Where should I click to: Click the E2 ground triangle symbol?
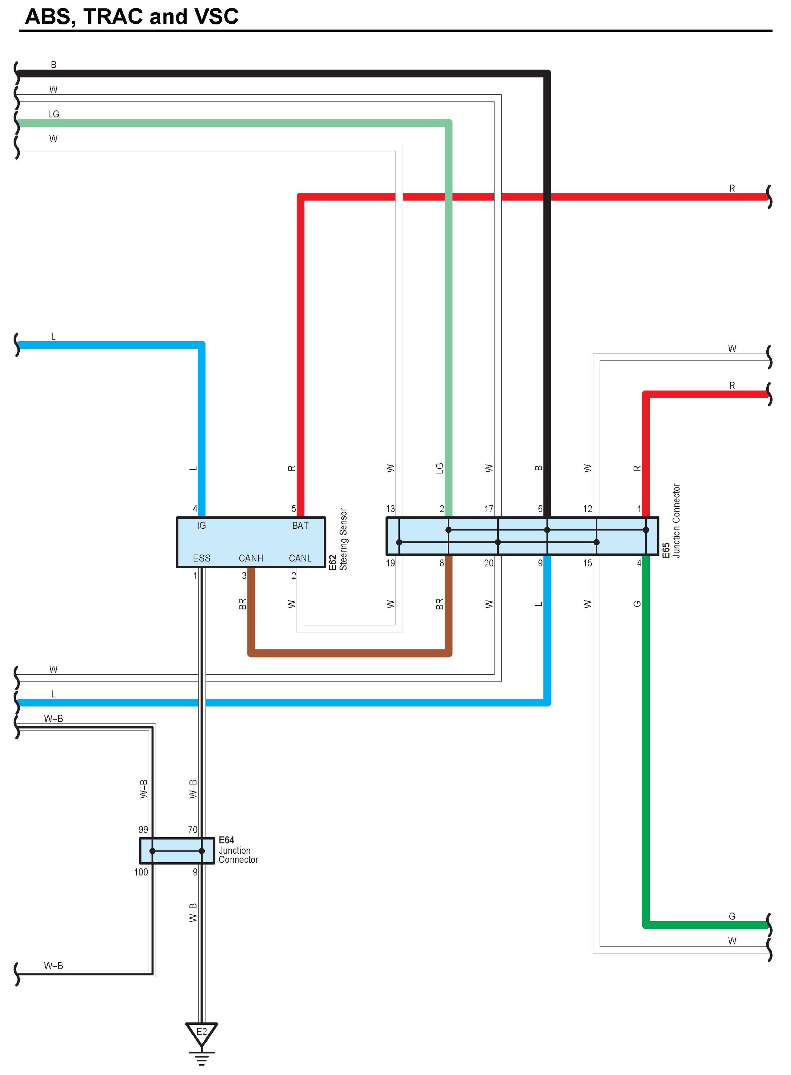(202, 1032)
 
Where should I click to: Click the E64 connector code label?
(227, 840)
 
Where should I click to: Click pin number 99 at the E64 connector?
(143, 829)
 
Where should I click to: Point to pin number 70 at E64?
(193, 829)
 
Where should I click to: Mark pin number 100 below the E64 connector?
(141, 872)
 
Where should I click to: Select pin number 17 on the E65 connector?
(488, 509)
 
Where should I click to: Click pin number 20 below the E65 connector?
(488, 563)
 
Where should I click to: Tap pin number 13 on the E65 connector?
(390, 509)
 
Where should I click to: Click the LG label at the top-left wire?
(54, 114)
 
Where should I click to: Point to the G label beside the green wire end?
(731, 916)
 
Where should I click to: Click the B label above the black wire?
(54, 65)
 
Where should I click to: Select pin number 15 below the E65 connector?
(587, 563)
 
